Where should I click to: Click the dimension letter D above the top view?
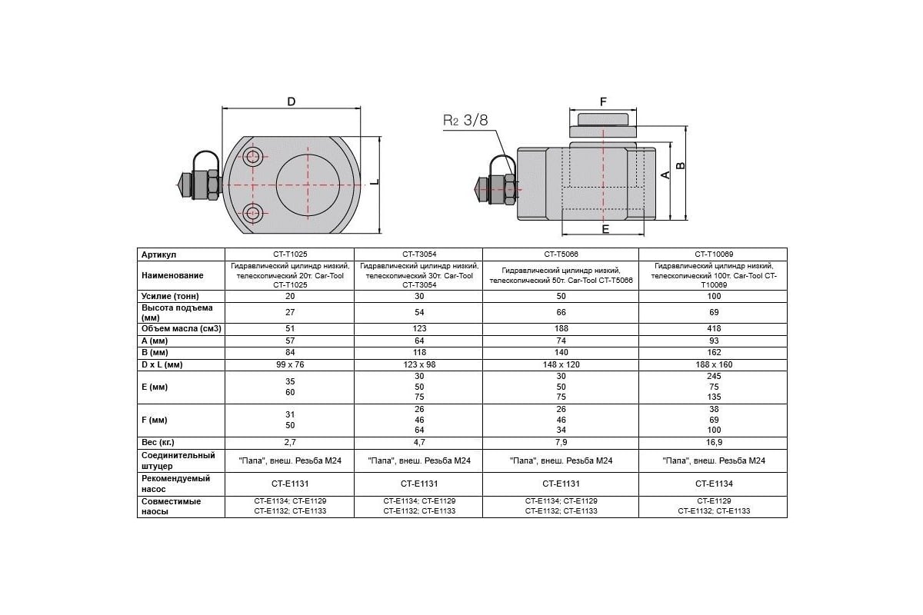click(291, 101)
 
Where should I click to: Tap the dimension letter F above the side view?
click(603, 101)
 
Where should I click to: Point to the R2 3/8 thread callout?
click(465, 120)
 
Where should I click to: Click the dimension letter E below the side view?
click(605, 229)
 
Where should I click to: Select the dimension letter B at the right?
click(681, 165)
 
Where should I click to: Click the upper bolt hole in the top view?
click(252, 157)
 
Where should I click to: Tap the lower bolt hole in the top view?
click(252, 213)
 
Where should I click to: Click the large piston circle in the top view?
click(308, 185)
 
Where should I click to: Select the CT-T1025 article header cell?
click(290, 254)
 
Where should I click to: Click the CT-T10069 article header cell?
click(714, 254)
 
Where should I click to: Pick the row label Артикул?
click(158, 254)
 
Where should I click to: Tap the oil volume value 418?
click(714, 329)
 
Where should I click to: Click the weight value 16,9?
click(714, 442)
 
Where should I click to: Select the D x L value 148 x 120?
click(561, 364)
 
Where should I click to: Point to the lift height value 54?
click(419, 313)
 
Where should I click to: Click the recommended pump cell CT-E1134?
click(714, 484)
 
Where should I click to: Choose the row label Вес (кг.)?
click(158, 442)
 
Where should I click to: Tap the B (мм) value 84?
click(290, 353)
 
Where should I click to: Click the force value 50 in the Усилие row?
click(561, 297)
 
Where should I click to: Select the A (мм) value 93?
click(714, 341)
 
